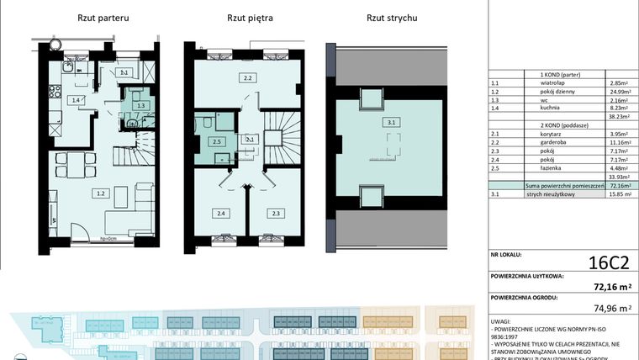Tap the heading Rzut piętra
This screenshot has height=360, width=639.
click(x=250, y=18)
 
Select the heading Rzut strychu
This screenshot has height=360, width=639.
click(x=392, y=18)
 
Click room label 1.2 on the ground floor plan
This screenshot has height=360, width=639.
click(x=100, y=193)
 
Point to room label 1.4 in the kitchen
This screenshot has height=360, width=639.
click(x=77, y=100)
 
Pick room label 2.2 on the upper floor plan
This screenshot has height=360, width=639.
click(x=248, y=79)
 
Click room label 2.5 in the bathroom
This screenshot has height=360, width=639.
click(x=216, y=142)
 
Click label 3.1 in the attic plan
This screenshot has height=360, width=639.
click(x=392, y=123)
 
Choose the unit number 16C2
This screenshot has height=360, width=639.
click(x=604, y=261)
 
